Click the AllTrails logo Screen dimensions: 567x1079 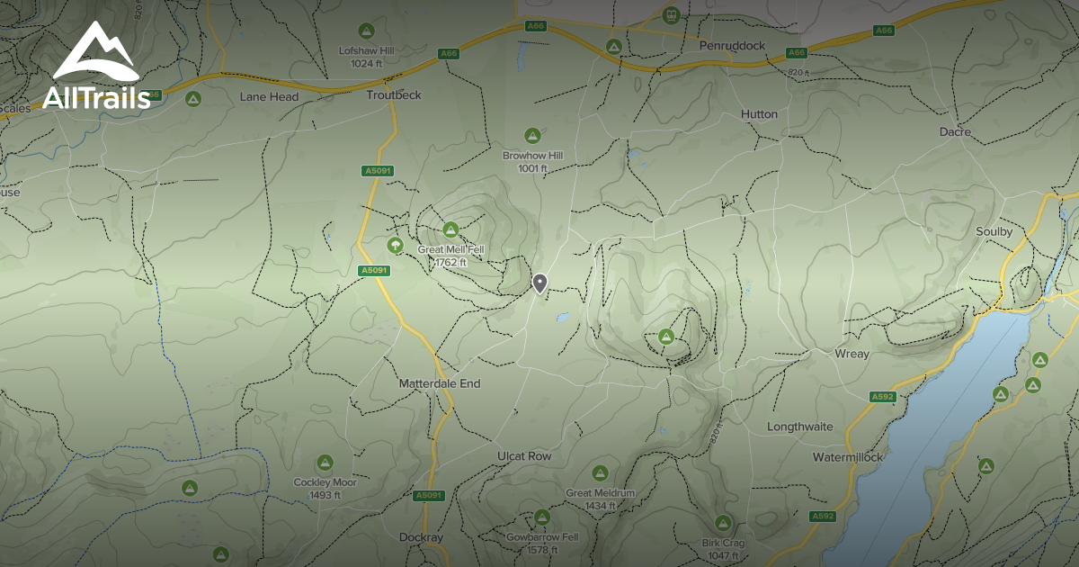pos(96,67)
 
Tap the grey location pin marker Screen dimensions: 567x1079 pos(539,283)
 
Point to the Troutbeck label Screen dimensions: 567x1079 pos(394,95)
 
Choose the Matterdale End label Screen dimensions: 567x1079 pos(440,383)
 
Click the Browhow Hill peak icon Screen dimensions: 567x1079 pos(532,135)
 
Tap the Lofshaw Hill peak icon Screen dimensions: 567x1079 pos(366,31)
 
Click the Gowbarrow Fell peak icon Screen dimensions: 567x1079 pos(541,517)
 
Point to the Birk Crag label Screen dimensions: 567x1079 pos(722,544)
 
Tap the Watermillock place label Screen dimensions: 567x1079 pos(848,457)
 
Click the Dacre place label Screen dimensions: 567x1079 pos(955,132)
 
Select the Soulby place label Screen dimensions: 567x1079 pos(994,232)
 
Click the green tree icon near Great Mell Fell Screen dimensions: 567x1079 pos(394,245)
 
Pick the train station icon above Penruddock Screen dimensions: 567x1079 pos(670,15)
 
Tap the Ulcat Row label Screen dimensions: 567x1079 pos(524,456)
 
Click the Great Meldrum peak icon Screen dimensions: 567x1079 pos(600,473)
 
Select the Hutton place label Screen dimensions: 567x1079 pos(759,114)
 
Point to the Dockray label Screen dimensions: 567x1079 pos(421,537)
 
